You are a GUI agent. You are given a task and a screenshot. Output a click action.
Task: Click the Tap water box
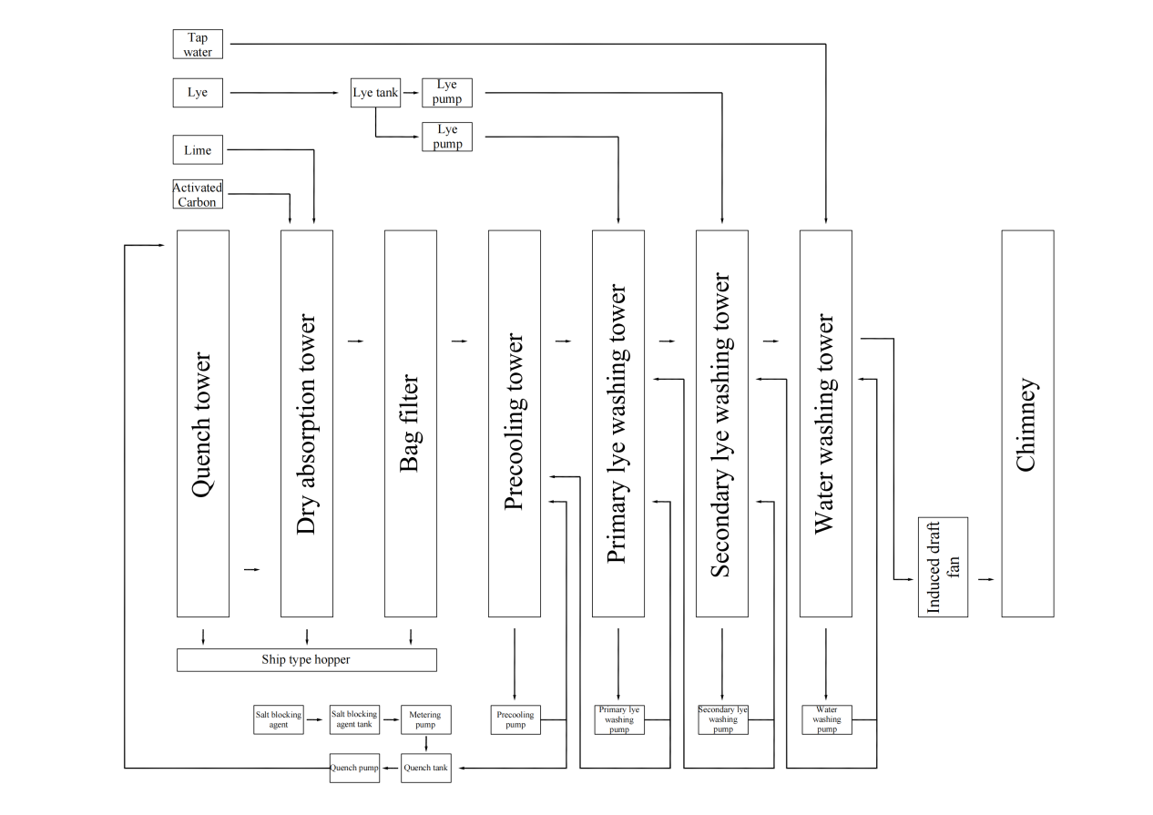[x=198, y=45]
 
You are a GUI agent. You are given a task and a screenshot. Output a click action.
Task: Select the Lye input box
[x=198, y=92]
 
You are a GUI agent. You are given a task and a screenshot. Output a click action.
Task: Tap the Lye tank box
[x=375, y=92]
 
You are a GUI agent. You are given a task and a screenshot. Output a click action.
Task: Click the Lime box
[x=198, y=150]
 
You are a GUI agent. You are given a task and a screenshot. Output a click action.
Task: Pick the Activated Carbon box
[x=198, y=194]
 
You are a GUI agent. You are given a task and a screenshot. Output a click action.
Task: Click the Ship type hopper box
[x=306, y=659]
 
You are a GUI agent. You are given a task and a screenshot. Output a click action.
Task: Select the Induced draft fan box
[x=943, y=566]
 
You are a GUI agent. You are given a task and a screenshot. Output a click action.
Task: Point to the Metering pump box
[x=425, y=719]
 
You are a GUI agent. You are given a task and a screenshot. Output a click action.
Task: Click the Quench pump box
[x=354, y=768]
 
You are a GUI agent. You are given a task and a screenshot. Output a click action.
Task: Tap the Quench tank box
[x=425, y=768]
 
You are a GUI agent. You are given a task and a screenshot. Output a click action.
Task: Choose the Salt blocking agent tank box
[x=353, y=719]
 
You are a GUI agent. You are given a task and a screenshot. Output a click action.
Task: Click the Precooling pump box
[x=515, y=719]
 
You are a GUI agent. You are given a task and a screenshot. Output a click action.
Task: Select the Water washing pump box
[x=826, y=719]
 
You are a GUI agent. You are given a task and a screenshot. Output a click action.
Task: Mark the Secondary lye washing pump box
[x=722, y=719]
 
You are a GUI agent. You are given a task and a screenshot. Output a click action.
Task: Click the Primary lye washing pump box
[x=618, y=719]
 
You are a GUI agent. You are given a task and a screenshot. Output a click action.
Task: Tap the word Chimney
[x=1026, y=424]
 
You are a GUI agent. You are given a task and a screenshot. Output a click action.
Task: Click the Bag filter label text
[x=410, y=423]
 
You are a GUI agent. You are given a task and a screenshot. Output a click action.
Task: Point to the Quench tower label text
[x=202, y=424]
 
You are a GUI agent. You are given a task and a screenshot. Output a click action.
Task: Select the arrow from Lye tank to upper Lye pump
[x=411, y=92]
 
